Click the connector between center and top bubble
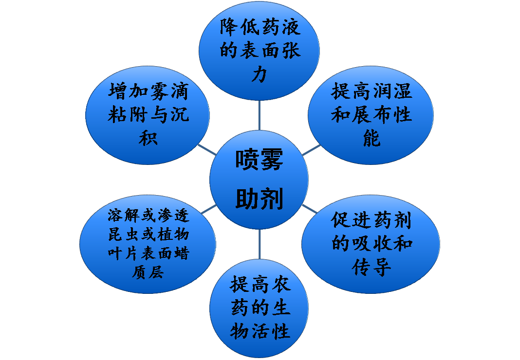pyautogui.click(x=259, y=116)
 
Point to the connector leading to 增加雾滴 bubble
pyautogui.click(x=207, y=149)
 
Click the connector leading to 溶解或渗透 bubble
pyautogui.click(x=208, y=210)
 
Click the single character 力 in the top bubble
pyautogui.click(x=259, y=74)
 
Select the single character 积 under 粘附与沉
pyautogui.click(x=147, y=138)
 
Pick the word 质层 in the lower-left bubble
pyautogui.click(x=147, y=271)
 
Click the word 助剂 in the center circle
pyautogui.click(x=259, y=198)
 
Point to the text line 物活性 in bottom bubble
pyautogui.click(x=260, y=331)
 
